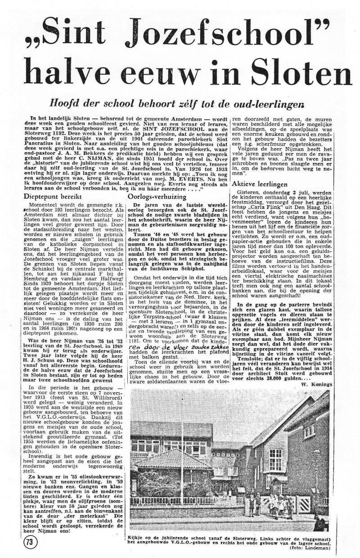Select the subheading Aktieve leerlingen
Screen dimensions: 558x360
(x=260, y=184)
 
